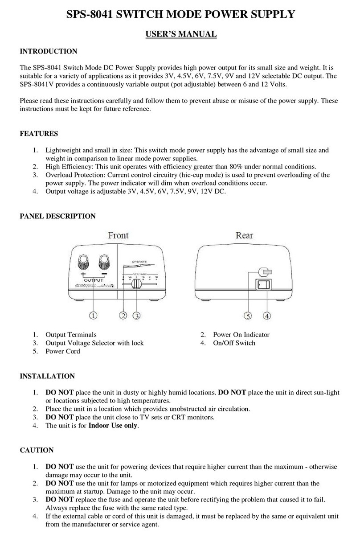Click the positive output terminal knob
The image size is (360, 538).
(x=84, y=260)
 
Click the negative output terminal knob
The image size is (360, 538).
(x=105, y=260)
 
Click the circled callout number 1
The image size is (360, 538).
(x=93, y=316)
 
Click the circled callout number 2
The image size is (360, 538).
(x=123, y=316)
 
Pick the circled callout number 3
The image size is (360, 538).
(x=135, y=316)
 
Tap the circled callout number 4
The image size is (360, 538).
(x=266, y=316)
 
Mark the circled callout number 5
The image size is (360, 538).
(x=248, y=316)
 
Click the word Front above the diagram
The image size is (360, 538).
(x=119, y=235)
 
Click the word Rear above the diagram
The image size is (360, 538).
(x=245, y=235)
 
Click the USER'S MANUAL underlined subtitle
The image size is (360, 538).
(x=181, y=34)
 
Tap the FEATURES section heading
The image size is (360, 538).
(x=39, y=134)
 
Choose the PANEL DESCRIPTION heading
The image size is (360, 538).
(x=57, y=216)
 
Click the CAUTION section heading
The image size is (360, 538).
(x=37, y=451)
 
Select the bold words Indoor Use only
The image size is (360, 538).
(x=113, y=426)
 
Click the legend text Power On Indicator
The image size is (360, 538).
(x=241, y=335)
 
